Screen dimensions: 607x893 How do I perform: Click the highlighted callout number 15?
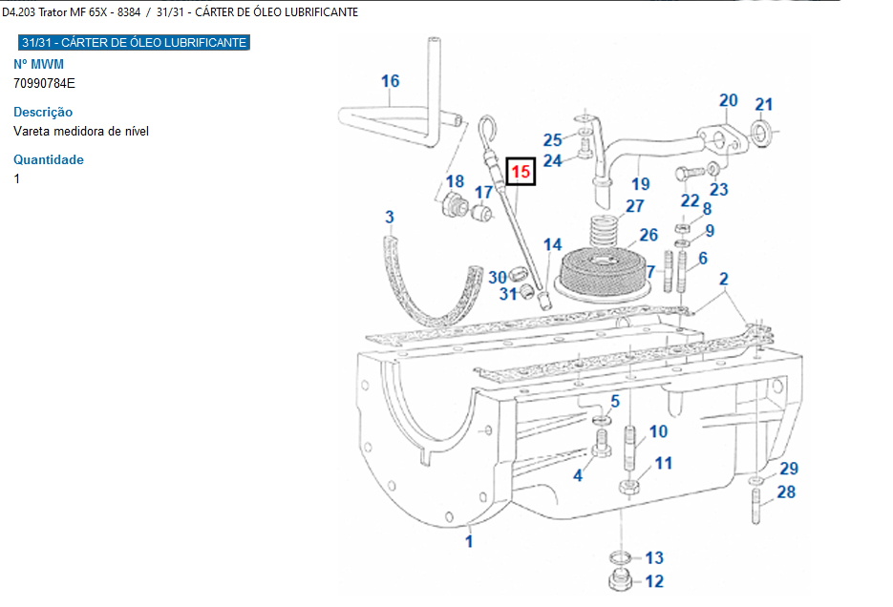click(521, 172)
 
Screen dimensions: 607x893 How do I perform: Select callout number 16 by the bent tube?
click(391, 81)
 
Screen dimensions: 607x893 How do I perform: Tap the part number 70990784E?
click(44, 83)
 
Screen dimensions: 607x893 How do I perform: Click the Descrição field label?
click(43, 112)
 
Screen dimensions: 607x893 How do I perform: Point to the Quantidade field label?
click(49, 159)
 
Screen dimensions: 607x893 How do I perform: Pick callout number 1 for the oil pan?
click(469, 541)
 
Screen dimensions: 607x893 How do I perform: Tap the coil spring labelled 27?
click(602, 229)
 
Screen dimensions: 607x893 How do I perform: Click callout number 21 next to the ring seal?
click(764, 105)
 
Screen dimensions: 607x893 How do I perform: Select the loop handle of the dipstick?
click(488, 129)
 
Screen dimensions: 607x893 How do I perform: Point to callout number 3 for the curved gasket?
click(390, 218)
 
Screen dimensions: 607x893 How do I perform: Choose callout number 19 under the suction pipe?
click(640, 184)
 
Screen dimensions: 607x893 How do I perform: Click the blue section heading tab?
click(134, 43)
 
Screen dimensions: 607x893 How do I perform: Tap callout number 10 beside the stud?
click(659, 432)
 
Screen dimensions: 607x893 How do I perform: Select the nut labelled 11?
click(629, 487)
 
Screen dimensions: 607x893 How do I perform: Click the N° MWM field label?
click(38, 64)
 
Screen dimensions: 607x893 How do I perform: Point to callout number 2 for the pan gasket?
click(724, 280)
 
